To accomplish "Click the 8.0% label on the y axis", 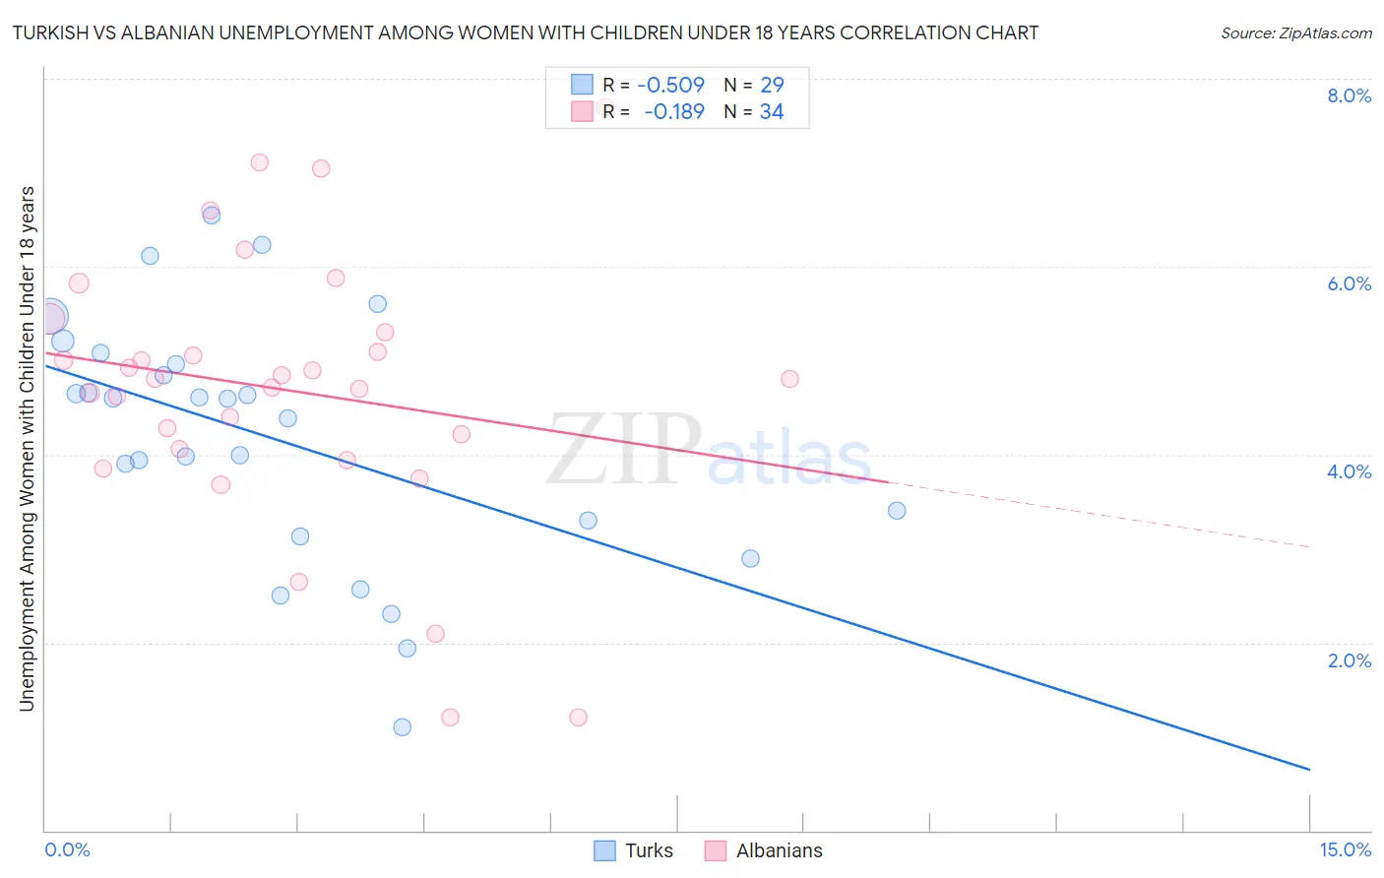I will tap(1349, 95).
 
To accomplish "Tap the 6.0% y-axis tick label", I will tap(1349, 283).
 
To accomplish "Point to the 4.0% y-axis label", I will tap(1349, 471).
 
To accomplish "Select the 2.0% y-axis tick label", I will tap(1349, 660).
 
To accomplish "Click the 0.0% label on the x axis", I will tap(67, 849).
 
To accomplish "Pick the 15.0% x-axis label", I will tap(1345, 849).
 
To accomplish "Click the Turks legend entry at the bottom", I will tap(649, 850).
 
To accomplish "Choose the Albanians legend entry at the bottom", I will tap(779, 850).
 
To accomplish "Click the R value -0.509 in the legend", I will tap(670, 85).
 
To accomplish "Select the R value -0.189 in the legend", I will tap(673, 111).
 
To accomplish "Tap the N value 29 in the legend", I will tap(772, 85).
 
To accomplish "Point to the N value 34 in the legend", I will tap(772, 111).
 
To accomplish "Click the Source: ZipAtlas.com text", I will tap(1295, 32).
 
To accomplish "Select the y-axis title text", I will tap(27, 448).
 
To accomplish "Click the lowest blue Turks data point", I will tap(402, 727).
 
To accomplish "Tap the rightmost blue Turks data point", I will tap(897, 510).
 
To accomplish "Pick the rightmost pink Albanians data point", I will tap(789, 379).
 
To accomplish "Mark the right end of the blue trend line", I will tap(1309, 769).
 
